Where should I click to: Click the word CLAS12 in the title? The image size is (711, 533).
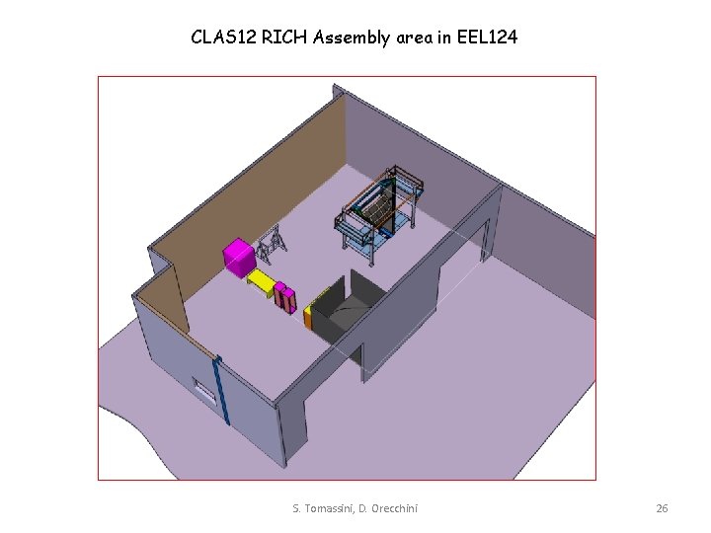click(224, 38)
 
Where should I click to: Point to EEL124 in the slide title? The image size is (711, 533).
click(487, 38)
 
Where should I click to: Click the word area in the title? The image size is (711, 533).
click(415, 38)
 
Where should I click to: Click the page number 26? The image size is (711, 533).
click(662, 508)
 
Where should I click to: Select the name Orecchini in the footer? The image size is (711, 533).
click(394, 508)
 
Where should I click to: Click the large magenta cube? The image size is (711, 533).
click(239, 258)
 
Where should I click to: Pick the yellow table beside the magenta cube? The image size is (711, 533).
click(262, 282)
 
